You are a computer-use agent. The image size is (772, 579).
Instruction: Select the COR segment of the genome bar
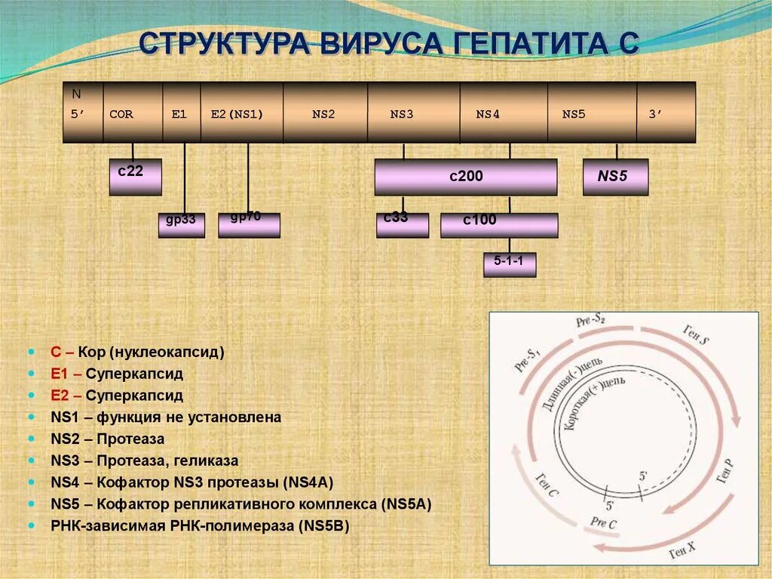pos(121,115)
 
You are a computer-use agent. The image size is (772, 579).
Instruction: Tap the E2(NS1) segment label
pos(236,115)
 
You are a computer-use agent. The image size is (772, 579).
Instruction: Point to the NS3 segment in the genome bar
pos(402,115)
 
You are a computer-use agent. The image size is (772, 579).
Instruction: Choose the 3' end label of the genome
pos(655,115)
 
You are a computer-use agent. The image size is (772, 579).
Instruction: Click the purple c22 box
pos(135,177)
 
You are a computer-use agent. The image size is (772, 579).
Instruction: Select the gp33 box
pos(181,225)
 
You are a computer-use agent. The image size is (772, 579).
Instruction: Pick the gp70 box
pos(248,224)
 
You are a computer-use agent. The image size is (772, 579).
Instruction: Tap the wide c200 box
pos(466,177)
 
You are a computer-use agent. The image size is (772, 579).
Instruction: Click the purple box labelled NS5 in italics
pos(615,177)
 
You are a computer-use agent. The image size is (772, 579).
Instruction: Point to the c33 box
pos(402,224)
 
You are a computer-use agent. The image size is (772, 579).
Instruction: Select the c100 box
pos(498,225)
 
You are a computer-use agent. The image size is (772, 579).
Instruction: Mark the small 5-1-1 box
pos(509,264)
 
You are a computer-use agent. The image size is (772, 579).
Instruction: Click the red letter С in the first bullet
pos(55,352)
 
